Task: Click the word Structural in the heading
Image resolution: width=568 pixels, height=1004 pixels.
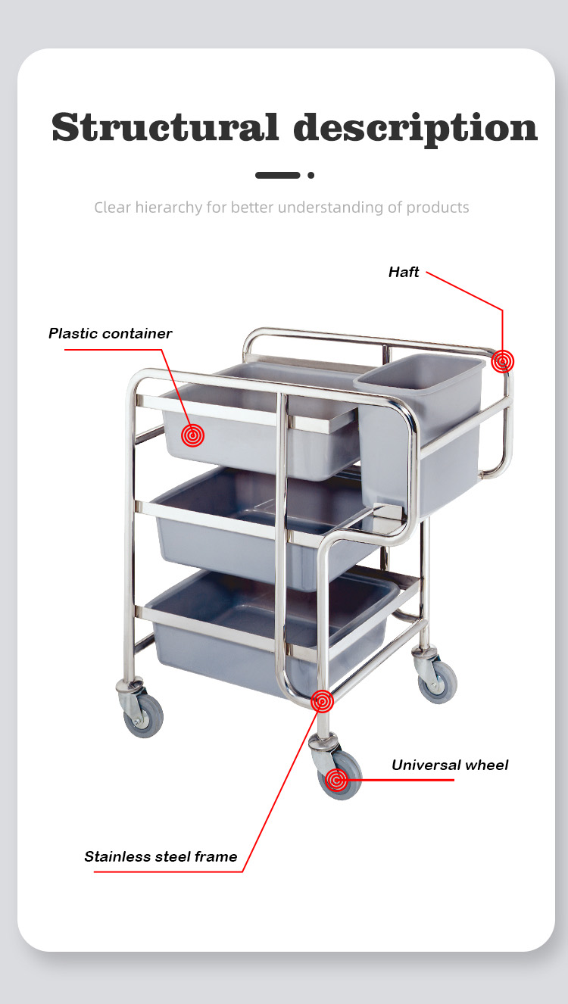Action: click(x=165, y=127)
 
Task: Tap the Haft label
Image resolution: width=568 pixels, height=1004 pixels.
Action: click(x=404, y=272)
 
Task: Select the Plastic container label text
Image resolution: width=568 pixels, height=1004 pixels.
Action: click(x=111, y=333)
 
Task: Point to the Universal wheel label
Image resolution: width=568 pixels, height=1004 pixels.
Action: click(x=450, y=765)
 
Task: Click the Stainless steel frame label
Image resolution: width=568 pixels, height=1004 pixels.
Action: click(x=161, y=856)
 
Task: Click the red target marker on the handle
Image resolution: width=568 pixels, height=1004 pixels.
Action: click(x=503, y=361)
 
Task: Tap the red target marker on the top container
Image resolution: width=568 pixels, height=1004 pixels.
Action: click(x=193, y=435)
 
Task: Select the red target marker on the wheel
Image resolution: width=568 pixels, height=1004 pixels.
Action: click(x=336, y=780)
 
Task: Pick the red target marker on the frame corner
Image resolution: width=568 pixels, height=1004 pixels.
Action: click(x=323, y=701)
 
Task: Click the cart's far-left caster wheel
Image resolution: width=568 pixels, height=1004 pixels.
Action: click(x=143, y=716)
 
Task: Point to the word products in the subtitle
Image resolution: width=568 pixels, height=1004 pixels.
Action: click(x=438, y=208)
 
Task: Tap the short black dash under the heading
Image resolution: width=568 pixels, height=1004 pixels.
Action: click(x=277, y=175)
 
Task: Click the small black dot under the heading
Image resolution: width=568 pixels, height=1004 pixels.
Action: click(x=311, y=175)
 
